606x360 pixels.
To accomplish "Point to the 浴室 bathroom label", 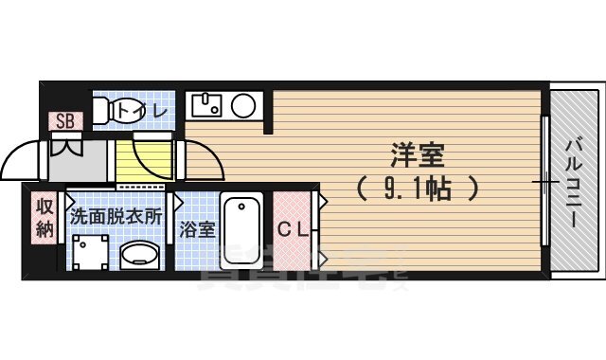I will (198, 229).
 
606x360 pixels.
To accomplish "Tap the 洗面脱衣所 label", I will (116, 215).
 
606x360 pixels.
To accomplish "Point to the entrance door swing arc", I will (21, 156).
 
